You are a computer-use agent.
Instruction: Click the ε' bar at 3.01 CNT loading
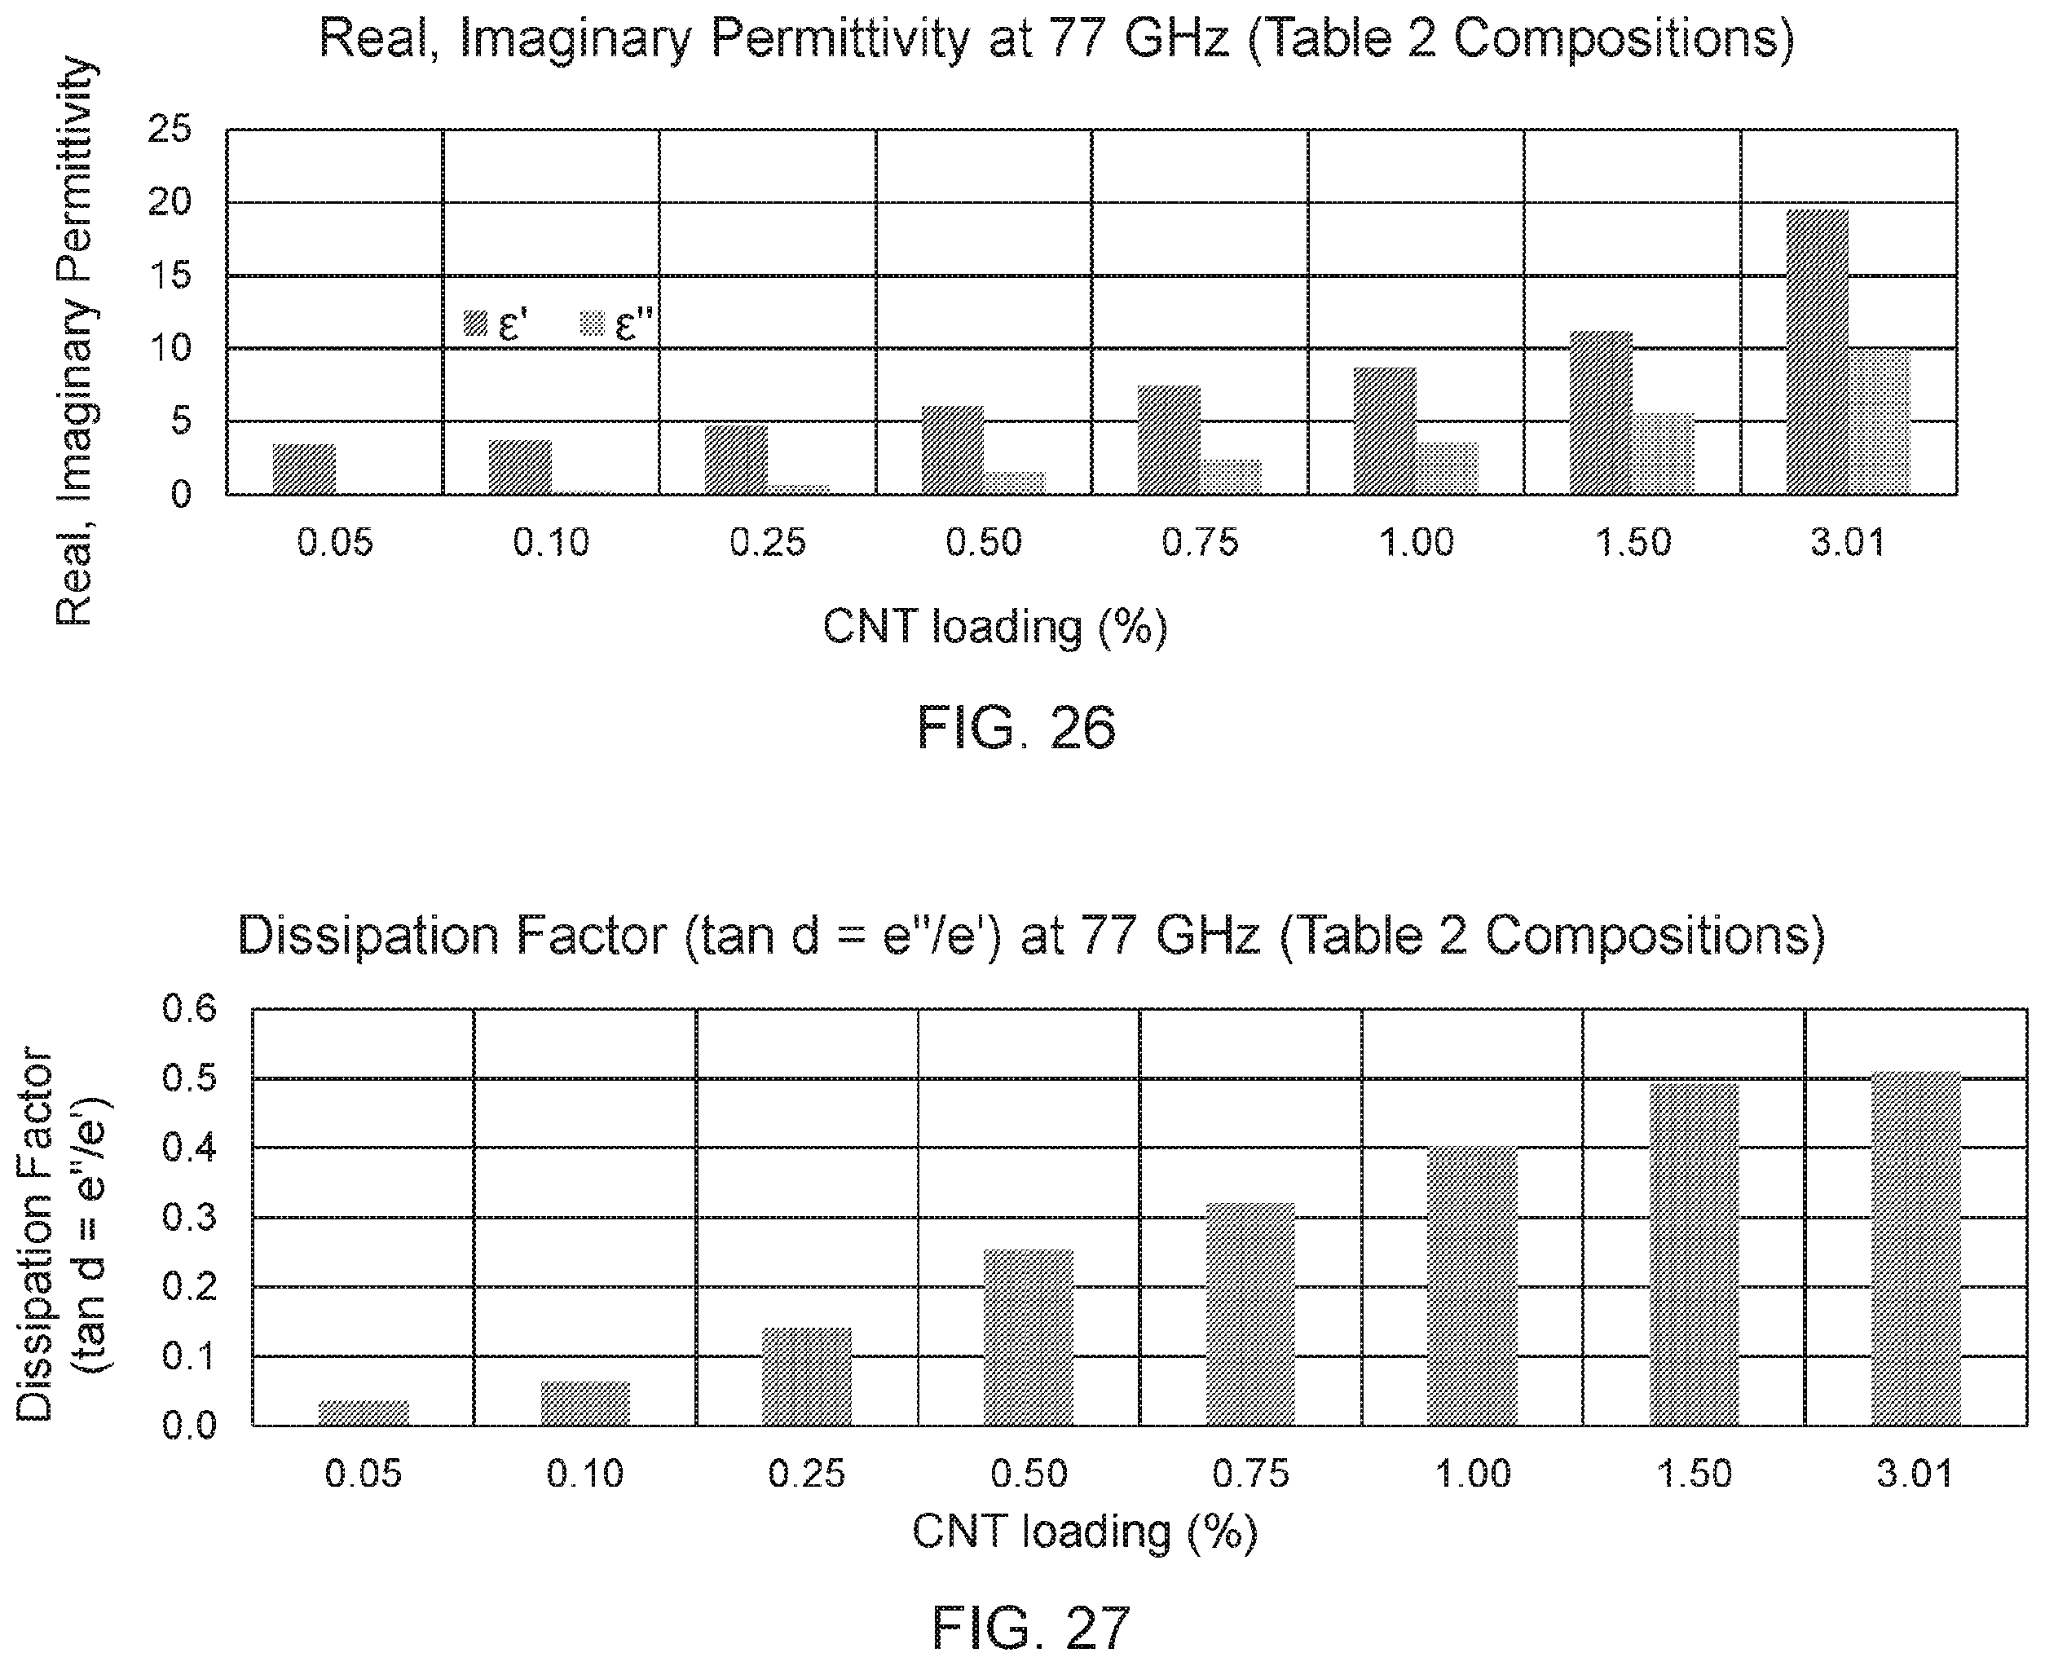(1817, 351)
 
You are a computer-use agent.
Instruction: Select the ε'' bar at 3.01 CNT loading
(1879, 421)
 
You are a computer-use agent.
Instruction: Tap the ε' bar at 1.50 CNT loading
(1601, 412)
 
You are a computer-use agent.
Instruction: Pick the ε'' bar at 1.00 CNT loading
(1447, 469)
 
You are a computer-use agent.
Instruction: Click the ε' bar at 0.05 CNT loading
(304, 469)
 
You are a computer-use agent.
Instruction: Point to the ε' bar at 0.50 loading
(953, 450)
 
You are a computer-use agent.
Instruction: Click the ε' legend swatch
(476, 324)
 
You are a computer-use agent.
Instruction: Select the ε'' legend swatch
(593, 324)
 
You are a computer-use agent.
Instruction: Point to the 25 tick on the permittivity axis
(170, 129)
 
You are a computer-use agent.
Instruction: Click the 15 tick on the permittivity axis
(170, 275)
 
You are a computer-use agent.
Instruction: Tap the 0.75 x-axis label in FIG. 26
(1200, 543)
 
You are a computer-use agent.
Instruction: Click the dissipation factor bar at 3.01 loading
(1915, 1248)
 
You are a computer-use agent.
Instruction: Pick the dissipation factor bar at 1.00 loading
(1472, 1286)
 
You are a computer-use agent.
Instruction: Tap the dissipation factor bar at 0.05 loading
(364, 1413)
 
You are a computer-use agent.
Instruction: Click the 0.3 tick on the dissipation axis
(190, 1217)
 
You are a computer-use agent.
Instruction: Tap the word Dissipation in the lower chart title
(369, 937)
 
